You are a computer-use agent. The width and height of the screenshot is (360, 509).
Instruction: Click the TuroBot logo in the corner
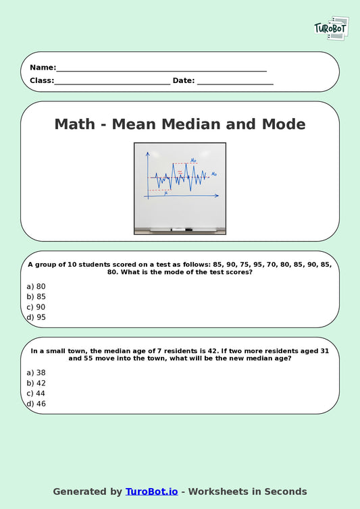331,28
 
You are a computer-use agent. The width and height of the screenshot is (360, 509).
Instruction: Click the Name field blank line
161,68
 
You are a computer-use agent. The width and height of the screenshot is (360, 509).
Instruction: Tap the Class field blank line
112,82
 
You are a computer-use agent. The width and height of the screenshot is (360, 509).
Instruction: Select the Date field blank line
235,82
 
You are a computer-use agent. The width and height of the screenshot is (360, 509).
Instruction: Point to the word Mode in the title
280,124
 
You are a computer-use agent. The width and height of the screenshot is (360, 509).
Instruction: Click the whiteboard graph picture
180,188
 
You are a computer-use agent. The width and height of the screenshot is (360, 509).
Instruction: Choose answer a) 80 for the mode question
36,286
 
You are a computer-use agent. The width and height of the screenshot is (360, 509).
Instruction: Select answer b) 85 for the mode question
36,296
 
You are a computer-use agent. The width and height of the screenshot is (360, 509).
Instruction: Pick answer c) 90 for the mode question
36,306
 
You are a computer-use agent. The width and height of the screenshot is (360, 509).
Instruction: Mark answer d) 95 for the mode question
36,317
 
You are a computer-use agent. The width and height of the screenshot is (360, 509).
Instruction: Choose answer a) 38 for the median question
36,373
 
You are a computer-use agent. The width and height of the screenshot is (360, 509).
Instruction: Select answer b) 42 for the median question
36,383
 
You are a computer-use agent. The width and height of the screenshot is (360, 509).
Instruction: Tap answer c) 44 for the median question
36,393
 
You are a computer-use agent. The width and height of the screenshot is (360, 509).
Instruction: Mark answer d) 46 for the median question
36,404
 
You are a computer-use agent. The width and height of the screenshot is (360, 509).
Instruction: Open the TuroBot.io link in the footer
151,491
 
